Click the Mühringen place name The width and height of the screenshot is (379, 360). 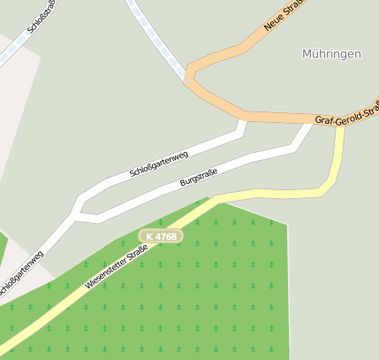pyautogui.click(x=331, y=54)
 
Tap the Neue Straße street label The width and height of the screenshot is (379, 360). pyautogui.click(x=283, y=15)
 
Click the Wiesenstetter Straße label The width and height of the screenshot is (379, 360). pyautogui.click(x=116, y=268)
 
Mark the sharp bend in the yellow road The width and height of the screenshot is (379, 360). pyautogui.click(x=325, y=188)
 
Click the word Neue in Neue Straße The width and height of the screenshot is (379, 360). pyautogui.click(x=273, y=23)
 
